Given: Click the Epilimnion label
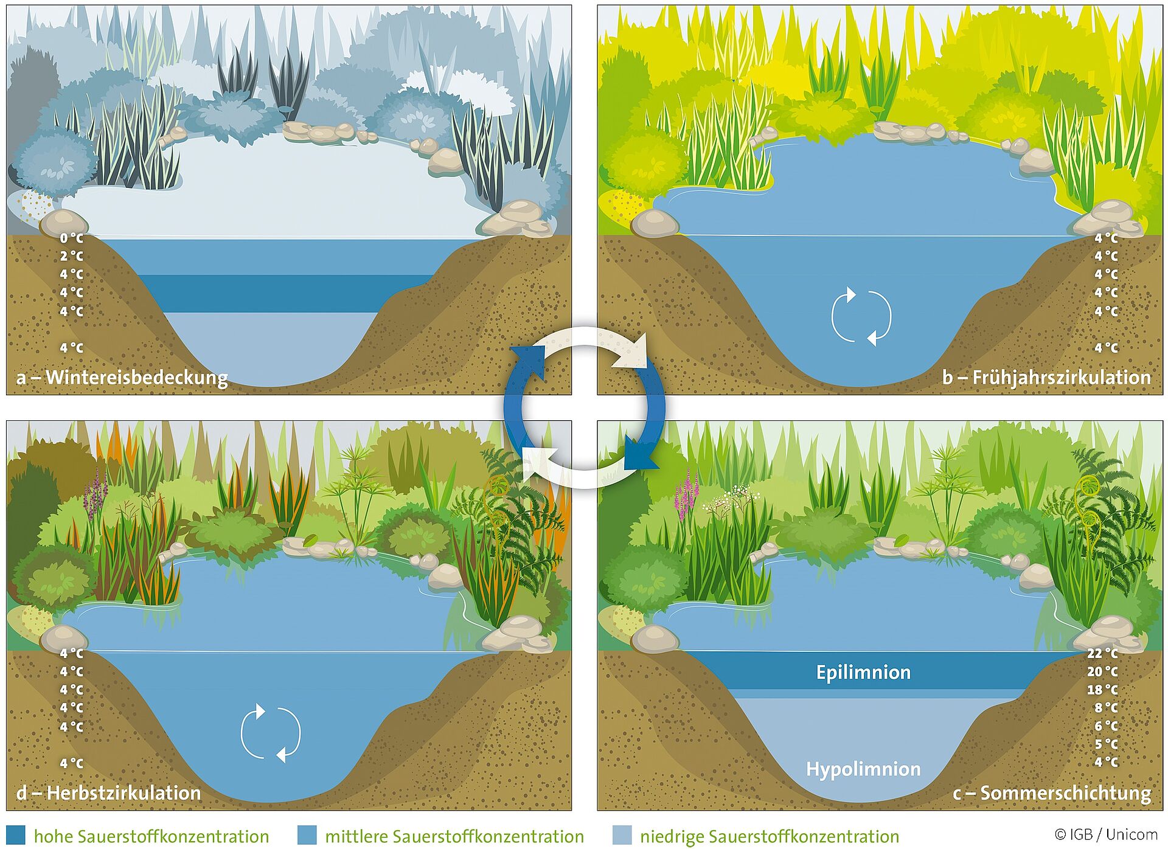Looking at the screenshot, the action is pyautogui.click(x=863, y=673).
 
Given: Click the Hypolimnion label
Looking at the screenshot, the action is pyautogui.click(x=863, y=769).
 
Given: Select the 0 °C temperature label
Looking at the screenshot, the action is pyautogui.click(x=72, y=238).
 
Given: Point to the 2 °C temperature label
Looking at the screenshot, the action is pyautogui.click(x=72, y=257).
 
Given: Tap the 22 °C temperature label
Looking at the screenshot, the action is pyautogui.click(x=1102, y=653).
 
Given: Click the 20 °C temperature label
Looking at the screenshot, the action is pyautogui.click(x=1102, y=671).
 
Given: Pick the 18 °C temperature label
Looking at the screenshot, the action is pyautogui.click(x=1102, y=690).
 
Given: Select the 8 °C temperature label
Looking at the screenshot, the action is pyautogui.click(x=1106, y=708).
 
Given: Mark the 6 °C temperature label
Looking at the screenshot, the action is pyautogui.click(x=1106, y=726).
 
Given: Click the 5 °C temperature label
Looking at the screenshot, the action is pyautogui.click(x=1106, y=744).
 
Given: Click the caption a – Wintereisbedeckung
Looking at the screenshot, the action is pyautogui.click(x=122, y=378).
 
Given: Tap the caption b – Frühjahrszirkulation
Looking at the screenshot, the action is pyautogui.click(x=1046, y=378).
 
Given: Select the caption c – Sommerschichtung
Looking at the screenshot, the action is pyautogui.click(x=1052, y=793).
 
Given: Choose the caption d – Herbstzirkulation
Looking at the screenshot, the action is pyautogui.click(x=108, y=793).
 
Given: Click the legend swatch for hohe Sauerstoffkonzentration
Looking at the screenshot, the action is pyautogui.click(x=16, y=836).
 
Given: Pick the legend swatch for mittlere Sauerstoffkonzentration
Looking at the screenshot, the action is pyautogui.click(x=307, y=836).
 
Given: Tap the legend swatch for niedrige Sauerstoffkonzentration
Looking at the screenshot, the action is pyautogui.click(x=622, y=836).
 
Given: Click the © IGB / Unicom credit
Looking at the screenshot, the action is pyautogui.click(x=1106, y=835).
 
